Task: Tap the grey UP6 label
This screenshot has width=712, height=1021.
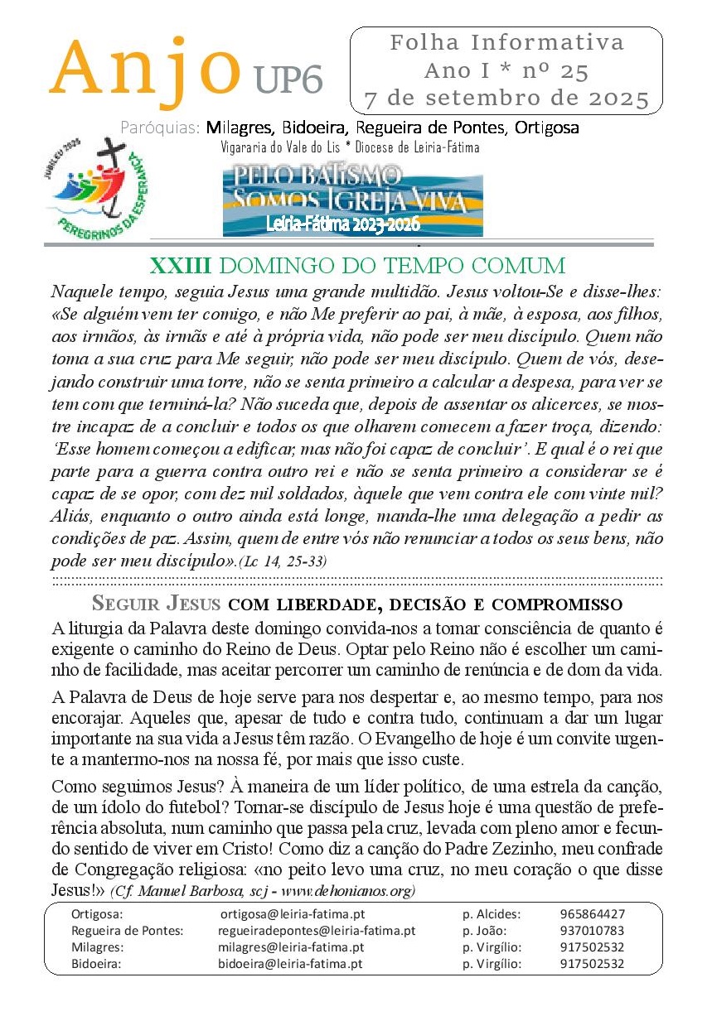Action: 288,79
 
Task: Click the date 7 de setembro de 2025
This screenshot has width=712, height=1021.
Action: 506,99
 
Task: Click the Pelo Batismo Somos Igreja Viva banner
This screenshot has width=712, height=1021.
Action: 352,200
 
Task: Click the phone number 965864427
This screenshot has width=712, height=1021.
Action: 593,914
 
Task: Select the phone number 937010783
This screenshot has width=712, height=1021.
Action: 593,931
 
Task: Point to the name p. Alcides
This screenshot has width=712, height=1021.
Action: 492,914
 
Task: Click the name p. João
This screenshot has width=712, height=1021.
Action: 485,931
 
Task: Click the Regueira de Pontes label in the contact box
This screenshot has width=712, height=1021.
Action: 128,931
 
